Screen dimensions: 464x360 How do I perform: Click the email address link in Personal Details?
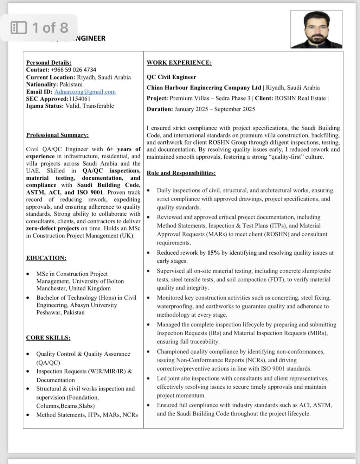(85, 92)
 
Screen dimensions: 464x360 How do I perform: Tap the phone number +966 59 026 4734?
(73, 70)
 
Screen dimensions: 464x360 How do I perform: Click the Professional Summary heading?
(57, 135)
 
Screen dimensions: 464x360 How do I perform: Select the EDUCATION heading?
(46, 258)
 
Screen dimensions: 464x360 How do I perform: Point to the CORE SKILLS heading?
(48, 338)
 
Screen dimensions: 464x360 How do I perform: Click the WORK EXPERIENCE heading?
(179, 63)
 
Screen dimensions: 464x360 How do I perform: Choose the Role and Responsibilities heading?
(181, 173)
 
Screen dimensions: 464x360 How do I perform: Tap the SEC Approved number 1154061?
(80, 99)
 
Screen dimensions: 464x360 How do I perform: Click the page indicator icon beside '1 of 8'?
(19, 27)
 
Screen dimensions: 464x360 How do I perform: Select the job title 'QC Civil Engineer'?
(171, 77)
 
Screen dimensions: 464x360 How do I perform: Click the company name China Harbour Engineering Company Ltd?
(204, 88)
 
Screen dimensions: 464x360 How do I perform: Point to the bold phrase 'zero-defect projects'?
(52, 228)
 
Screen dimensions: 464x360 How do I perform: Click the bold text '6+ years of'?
(124, 149)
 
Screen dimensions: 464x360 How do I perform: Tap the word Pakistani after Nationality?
(71, 84)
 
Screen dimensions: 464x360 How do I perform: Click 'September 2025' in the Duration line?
(234, 109)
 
